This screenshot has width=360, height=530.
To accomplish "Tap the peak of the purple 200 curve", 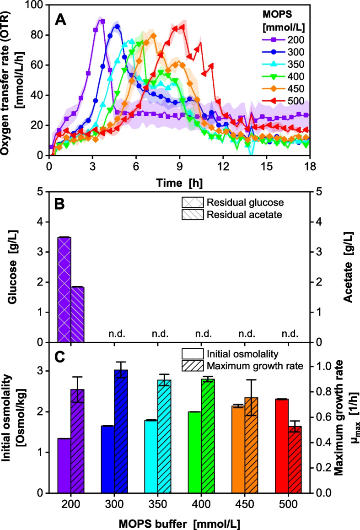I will click(102, 22).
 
